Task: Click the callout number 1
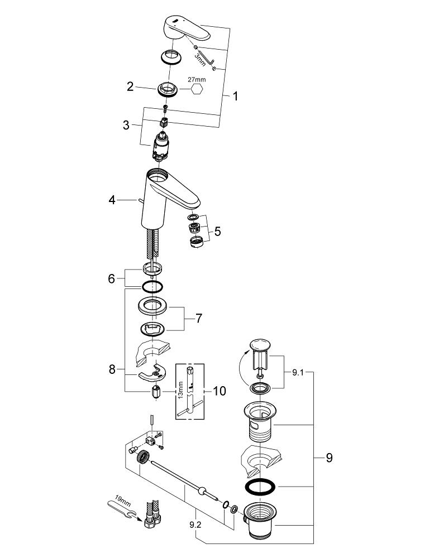(235, 97)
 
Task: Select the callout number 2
(130, 86)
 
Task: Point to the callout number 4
(112, 199)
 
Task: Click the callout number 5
(217, 230)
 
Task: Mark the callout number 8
(112, 369)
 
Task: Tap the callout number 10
(219, 391)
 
